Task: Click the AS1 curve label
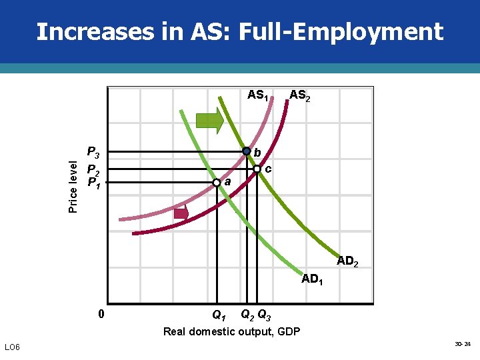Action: pyautogui.click(x=258, y=95)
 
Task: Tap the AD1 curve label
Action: pyautogui.click(x=313, y=279)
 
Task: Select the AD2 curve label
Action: pyautogui.click(x=347, y=261)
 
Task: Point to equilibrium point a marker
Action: pyautogui.click(x=217, y=182)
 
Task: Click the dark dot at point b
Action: pyautogui.click(x=246, y=151)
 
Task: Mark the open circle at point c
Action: pyautogui.click(x=257, y=169)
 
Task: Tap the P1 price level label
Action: pyautogui.click(x=93, y=181)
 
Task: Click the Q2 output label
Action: pyautogui.click(x=247, y=314)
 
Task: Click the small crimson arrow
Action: pyautogui.click(x=181, y=213)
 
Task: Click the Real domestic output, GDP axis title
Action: pyautogui.click(x=231, y=331)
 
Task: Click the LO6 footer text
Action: pyautogui.click(x=13, y=347)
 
